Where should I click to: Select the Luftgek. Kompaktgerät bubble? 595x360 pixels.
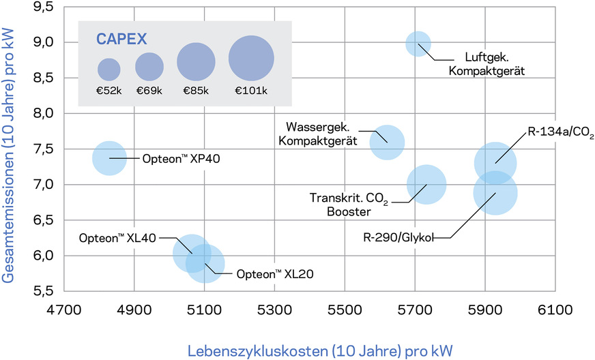click(418, 44)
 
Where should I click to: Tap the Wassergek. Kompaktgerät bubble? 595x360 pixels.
click(387, 142)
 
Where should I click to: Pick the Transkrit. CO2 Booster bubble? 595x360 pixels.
click(426, 184)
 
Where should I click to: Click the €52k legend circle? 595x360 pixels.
click(109, 68)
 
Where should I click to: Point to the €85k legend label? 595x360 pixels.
click(197, 90)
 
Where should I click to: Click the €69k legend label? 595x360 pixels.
click(149, 90)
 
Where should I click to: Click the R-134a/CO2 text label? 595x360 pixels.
click(560, 132)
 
